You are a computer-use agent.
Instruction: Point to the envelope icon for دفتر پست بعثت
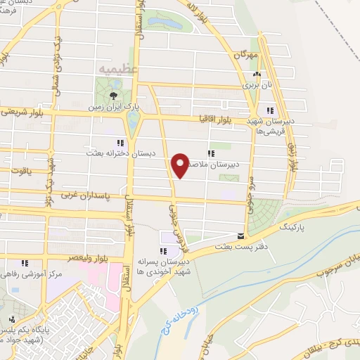coord(241,236)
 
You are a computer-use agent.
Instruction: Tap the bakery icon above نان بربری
coord(257,74)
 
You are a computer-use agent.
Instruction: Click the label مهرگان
coord(247,54)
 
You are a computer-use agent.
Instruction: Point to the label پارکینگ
coord(295,229)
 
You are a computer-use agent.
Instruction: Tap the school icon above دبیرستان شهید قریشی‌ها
coord(271,110)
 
